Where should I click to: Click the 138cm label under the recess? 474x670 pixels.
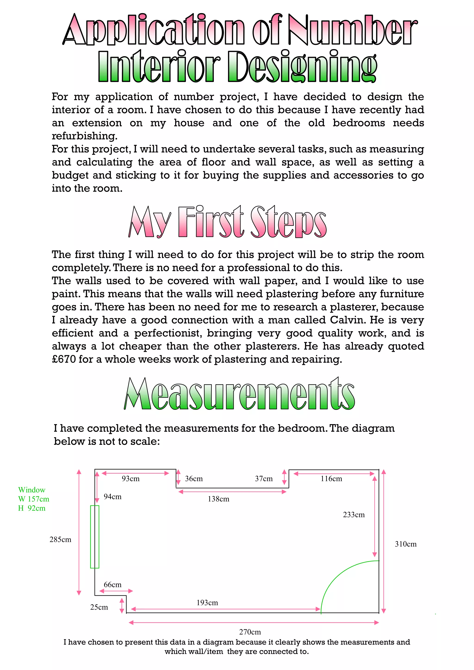[218, 499]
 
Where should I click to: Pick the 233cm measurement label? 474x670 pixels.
[354, 515]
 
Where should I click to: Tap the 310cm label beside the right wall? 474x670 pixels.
[406, 544]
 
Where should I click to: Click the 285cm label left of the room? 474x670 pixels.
[60, 540]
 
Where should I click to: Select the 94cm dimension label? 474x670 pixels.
[112, 497]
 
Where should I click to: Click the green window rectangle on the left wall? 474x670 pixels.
[95, 537]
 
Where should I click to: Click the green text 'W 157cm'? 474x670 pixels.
[34, 499]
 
